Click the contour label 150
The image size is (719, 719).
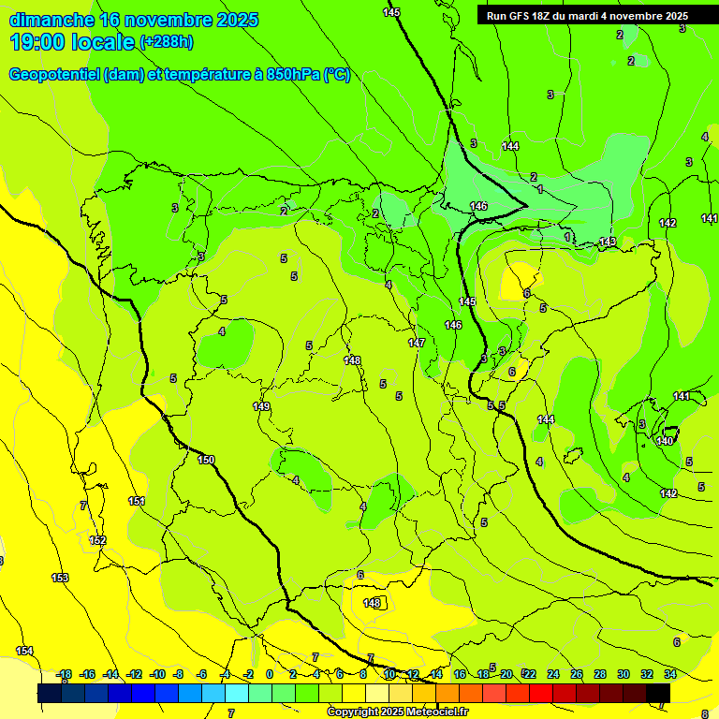[x=206, y=460]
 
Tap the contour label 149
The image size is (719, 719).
[x=261, y=406]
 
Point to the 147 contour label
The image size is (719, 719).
[x=417, y=344]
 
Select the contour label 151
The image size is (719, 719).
[x=137, y=502]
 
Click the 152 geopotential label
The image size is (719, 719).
[x=97, y=540]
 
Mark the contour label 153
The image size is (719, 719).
[x=60, y=578]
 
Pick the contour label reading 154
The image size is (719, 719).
[x=24, y=651]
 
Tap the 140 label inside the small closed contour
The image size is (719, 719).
[x=666, y=441]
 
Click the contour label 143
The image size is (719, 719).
[x=608, y=242]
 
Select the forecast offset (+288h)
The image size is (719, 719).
[x=167, y=42]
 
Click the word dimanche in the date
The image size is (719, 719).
[x=49, y=20]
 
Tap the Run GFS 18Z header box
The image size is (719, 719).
[x=587, y=16]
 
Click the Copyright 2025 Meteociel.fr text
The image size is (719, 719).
[x=398, y=712]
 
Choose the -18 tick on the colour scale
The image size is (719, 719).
[x=63, y=674]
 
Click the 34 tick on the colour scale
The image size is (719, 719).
[x=670, y=674]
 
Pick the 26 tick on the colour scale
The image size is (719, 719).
[x=577, y=674]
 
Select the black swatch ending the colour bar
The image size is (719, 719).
[x=658, y=693]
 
